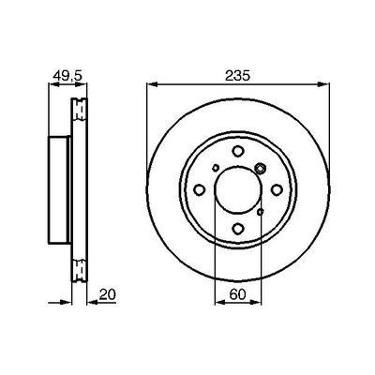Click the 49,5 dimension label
point(67,76)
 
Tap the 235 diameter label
point(237,76)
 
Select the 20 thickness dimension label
point(108,294)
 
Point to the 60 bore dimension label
point(237,294)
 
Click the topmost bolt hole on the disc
point(238,151)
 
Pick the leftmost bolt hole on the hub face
point(200,189)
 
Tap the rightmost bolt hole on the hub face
point(277,189)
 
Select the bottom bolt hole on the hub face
point(238,229)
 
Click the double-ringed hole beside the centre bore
point(260,169)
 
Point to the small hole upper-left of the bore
point(216,168)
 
